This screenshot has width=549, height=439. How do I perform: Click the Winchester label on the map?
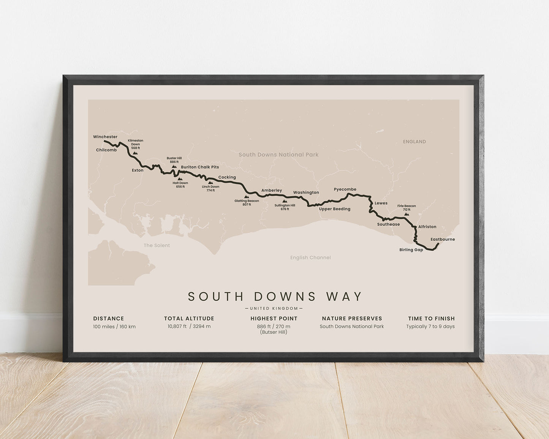(x=105, y=137)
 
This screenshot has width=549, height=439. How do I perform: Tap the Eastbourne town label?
(x=443, y=239)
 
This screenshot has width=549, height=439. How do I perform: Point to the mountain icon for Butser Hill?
(x=174, y=166)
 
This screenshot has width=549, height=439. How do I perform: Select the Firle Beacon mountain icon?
(x=407, y=214)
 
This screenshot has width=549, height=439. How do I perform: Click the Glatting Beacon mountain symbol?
(x=247, y=197)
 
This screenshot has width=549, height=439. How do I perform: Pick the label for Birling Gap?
(x=411, y=250)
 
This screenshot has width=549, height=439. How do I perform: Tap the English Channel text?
(x=310, y=257)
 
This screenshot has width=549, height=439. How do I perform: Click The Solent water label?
(x=157, y=245)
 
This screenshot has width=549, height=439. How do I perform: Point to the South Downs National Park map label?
(x=278, y=155)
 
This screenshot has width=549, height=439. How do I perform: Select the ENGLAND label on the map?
(x=414, y=142)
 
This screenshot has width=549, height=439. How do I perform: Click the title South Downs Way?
(x=275, y=297)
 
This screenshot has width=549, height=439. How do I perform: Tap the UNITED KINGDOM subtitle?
(x=274, y=308)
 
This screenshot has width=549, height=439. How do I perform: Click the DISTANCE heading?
(x=109, y=319)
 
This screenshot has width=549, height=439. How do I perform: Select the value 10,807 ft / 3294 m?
(x=189, y=327)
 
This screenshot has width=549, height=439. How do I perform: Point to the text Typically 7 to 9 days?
(x=430, y=327)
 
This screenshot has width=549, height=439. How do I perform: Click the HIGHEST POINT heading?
(x=274, y=319)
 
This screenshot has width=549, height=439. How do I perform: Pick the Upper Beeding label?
(x=335, y=209)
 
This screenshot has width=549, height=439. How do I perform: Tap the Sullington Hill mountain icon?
(x=285, y=201)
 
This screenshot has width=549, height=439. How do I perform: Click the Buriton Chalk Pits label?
(x=200, y=167)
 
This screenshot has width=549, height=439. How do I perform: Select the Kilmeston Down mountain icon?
(x=135, y=153)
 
